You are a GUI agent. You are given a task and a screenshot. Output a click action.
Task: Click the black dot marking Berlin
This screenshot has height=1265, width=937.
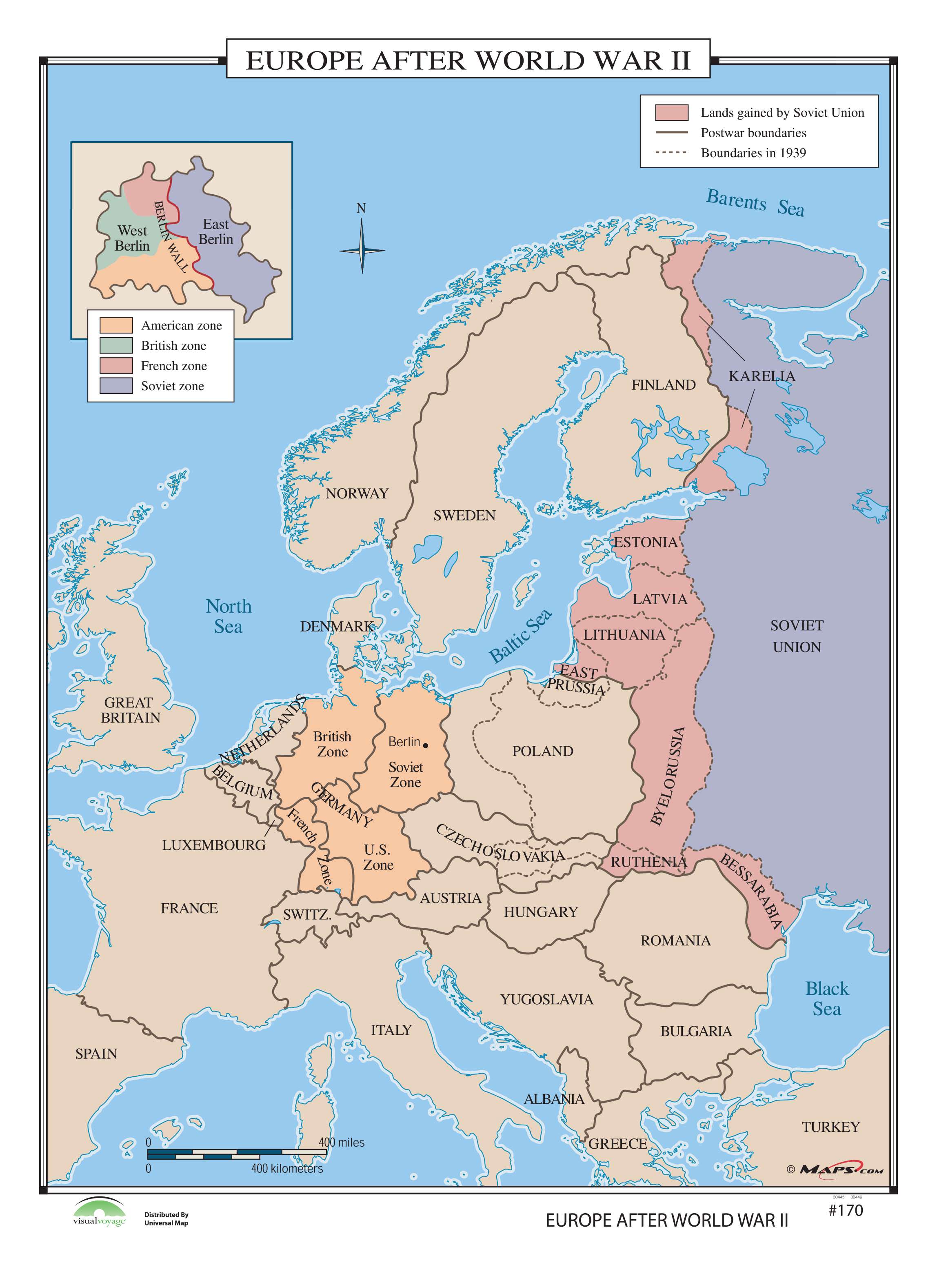425,745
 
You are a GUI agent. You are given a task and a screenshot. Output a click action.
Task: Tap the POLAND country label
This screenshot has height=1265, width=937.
542,751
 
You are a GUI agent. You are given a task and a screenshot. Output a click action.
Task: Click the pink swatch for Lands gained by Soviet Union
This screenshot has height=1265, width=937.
672,112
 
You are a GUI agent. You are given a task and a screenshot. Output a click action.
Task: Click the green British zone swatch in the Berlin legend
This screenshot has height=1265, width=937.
116,345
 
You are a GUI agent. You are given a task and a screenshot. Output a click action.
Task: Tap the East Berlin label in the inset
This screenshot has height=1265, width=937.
215,232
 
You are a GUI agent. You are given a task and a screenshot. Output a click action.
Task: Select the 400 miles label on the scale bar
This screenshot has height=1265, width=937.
342,1143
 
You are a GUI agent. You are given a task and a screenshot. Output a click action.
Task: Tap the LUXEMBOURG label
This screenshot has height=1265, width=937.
214,845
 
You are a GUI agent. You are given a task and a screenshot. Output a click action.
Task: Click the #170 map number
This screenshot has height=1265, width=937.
845,1210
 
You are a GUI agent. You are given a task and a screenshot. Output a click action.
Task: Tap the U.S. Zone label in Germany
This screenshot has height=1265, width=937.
378,857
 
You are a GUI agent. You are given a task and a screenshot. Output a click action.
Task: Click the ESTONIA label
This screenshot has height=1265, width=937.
646,542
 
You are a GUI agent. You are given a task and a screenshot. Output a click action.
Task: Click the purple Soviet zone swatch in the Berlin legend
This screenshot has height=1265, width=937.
116,386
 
